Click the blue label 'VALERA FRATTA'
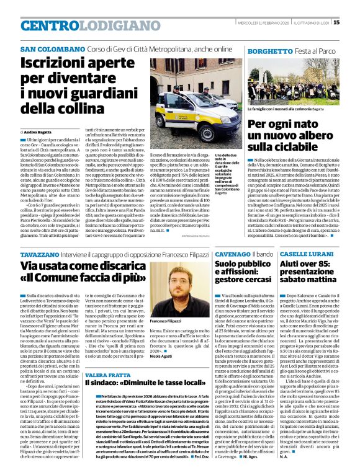tap(107, 376)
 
